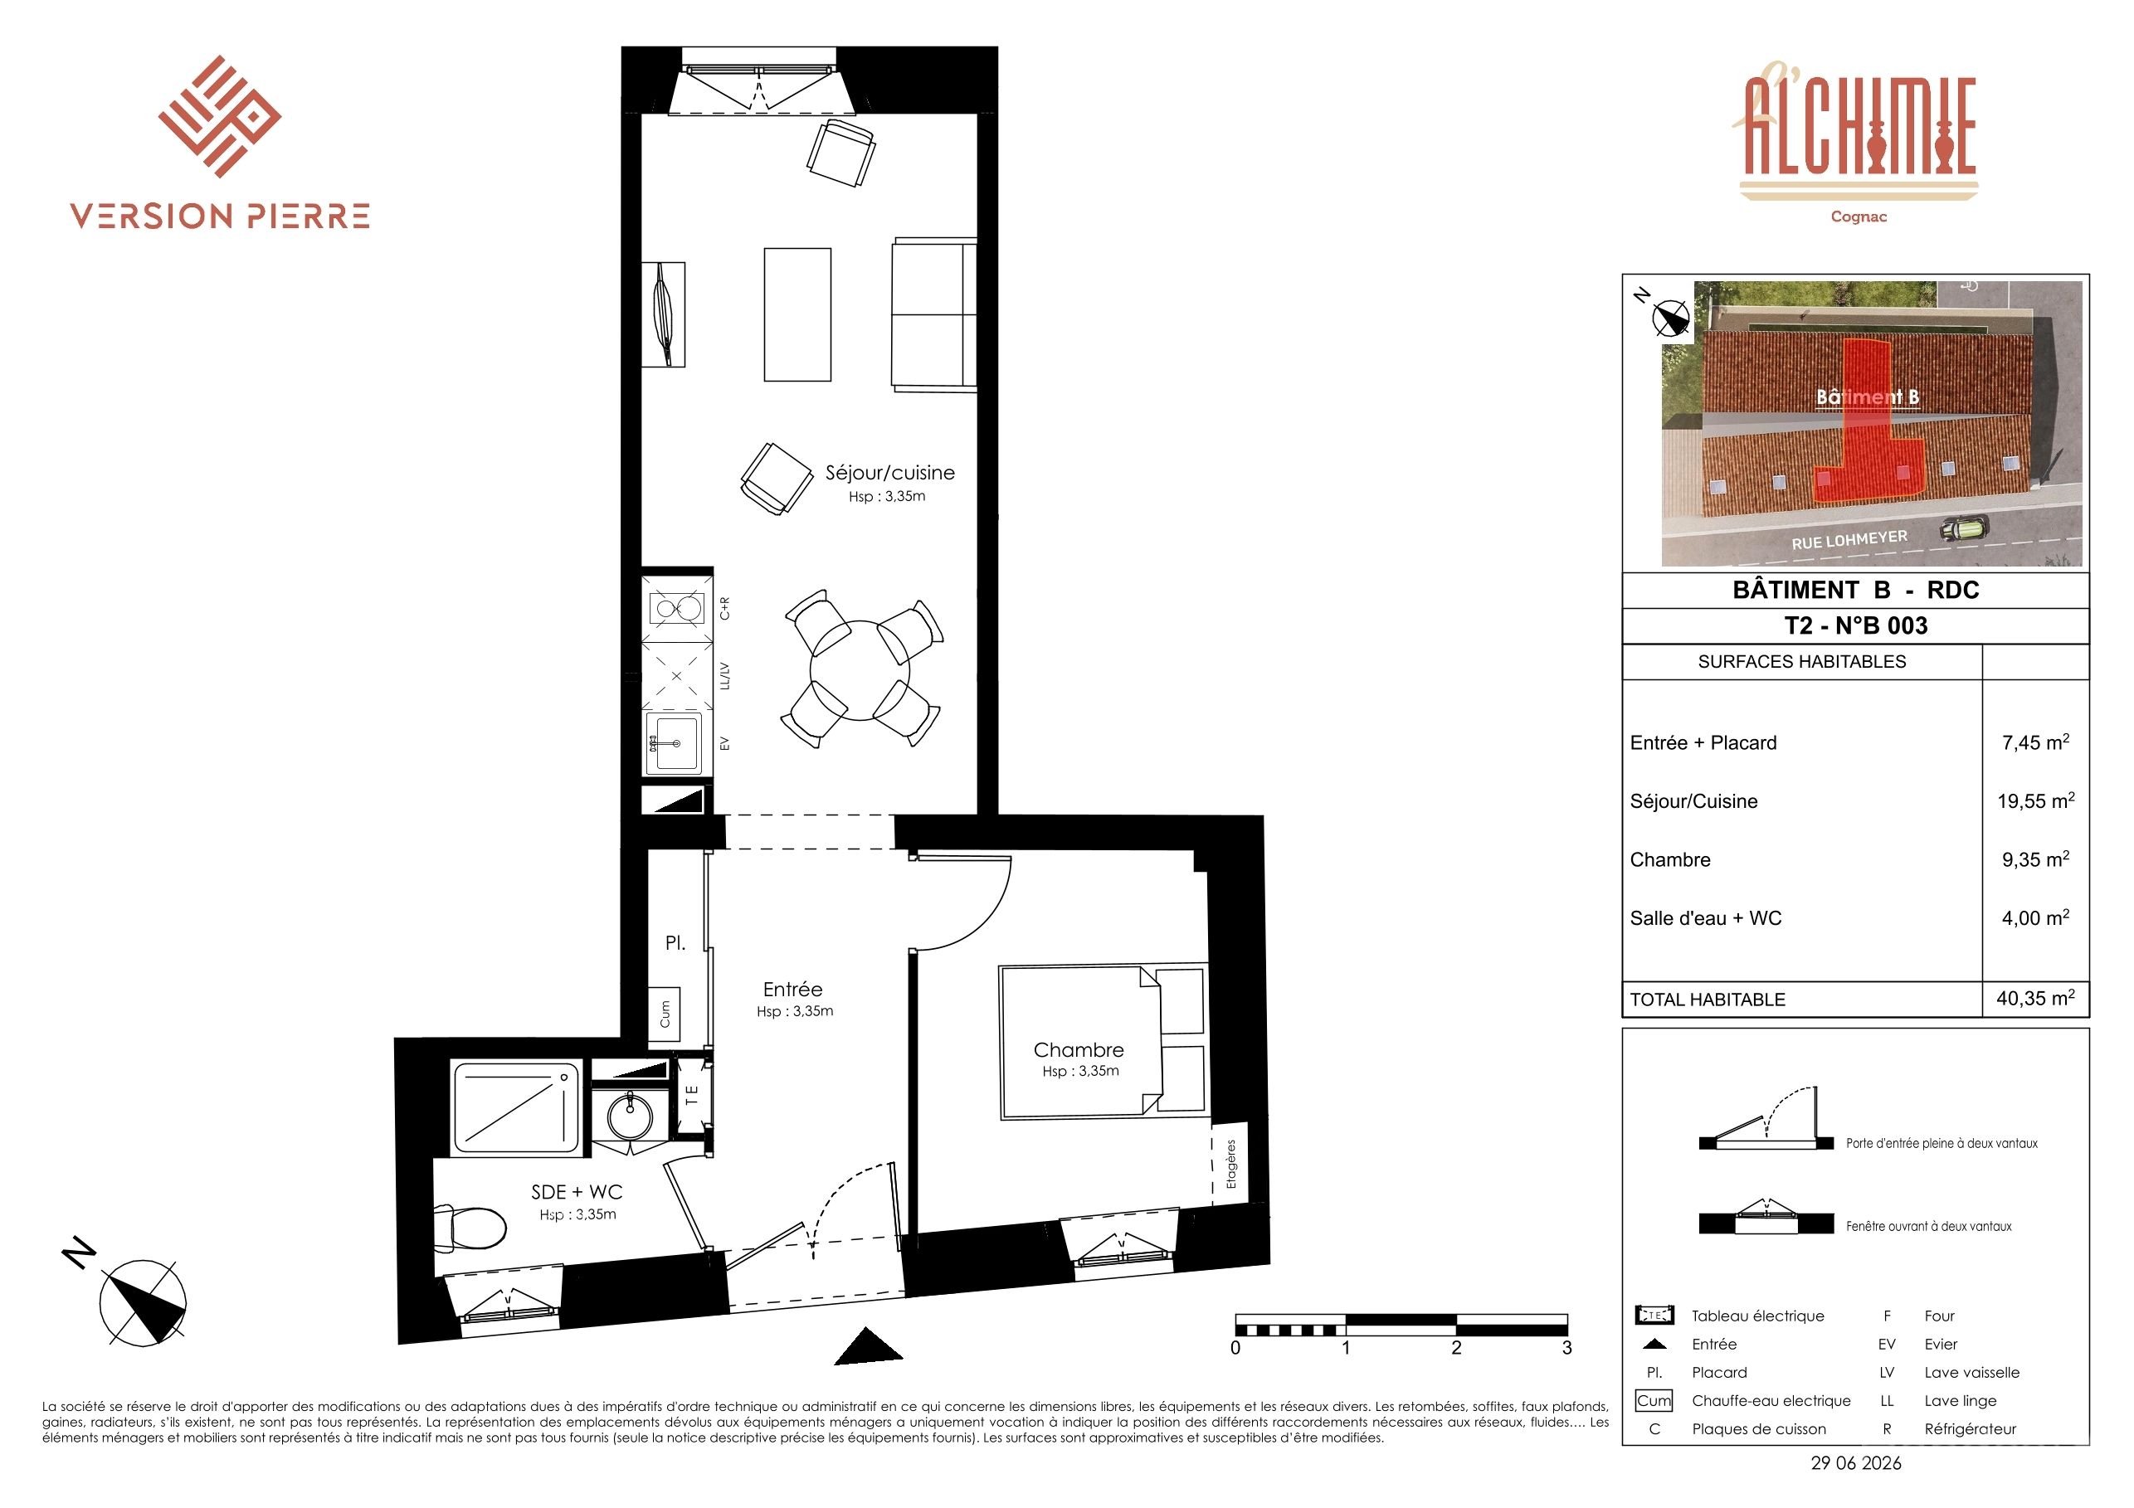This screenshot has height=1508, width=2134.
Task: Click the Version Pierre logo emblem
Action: pyautogui.click(x=219, y=116)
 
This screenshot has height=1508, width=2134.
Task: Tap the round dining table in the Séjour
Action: pyautogui.click(x=860, y=670)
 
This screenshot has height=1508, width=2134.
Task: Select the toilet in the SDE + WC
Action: pyautogui.click(x=470, y=1228)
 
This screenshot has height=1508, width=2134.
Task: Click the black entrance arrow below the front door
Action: pyautogui.click(x=868, y=1346)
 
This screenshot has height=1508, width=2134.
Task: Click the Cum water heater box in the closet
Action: pyautogui.click(x=664, y=1014)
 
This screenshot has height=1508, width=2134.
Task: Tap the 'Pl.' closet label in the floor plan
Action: pyautogui.click(x=675, y=942)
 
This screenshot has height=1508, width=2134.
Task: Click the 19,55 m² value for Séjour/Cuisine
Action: pyautogui.click(x=2035, y=800)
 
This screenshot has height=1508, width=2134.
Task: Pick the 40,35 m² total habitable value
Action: pyautogui.click(x=2035, y=998)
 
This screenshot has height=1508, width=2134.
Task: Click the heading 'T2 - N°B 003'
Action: pyautogui.click(x=1856, y=625)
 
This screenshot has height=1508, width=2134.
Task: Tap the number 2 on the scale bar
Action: pyautogui.click(x=1456, y=1347)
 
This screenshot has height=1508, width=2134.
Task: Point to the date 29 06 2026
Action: pyautogui.click(x=1856, y=1463)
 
